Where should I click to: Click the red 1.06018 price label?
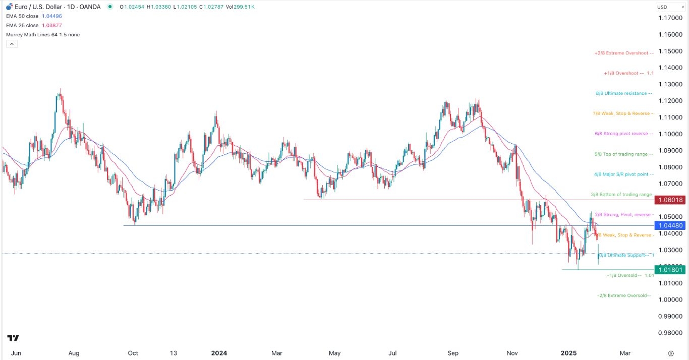(x=669, y=200)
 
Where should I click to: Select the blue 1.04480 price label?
(x=669, y=225)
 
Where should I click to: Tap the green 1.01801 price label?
(x=669, y=270)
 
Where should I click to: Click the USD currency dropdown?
(x=668, y=7)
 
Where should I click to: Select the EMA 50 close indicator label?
(x=22, y=16)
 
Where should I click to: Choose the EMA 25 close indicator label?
(x=22, y=25)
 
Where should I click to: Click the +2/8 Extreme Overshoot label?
(x=624, y=53)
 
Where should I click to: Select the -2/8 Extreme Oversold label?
(x=624, y=295)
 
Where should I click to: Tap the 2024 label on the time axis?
(x=219, y=353)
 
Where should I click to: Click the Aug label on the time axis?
(x=74, y=353)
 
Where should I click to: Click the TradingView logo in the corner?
(x=13, y=338)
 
